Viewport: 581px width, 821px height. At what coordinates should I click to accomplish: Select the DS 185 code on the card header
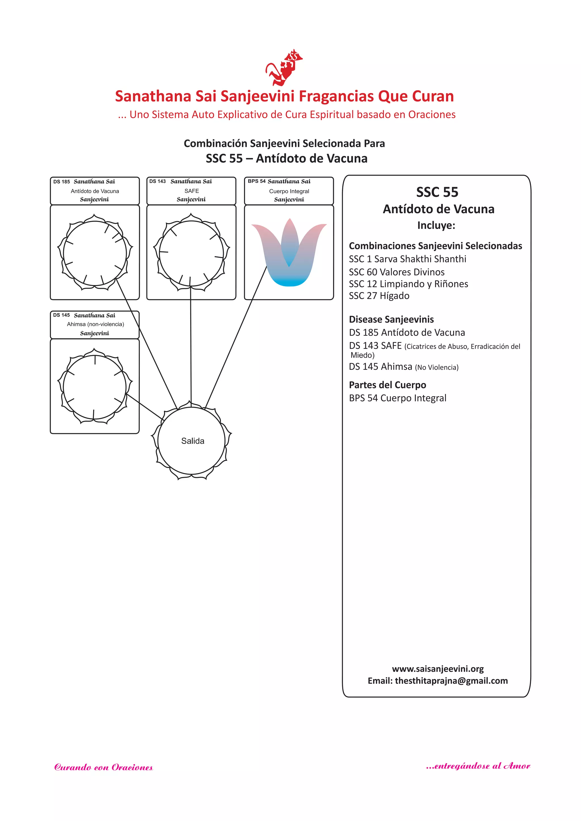click(62, 182)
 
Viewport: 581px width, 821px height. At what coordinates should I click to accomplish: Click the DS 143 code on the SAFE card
click(157, 181)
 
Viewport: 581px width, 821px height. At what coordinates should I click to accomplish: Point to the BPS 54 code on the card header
click(256, 181)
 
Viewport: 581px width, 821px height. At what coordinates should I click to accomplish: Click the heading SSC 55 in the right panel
click(437, 192)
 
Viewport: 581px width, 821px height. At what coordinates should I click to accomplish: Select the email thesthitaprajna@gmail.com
click(451, 681)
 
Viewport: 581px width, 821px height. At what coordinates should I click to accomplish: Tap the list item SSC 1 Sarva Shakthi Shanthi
click(407, 259)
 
